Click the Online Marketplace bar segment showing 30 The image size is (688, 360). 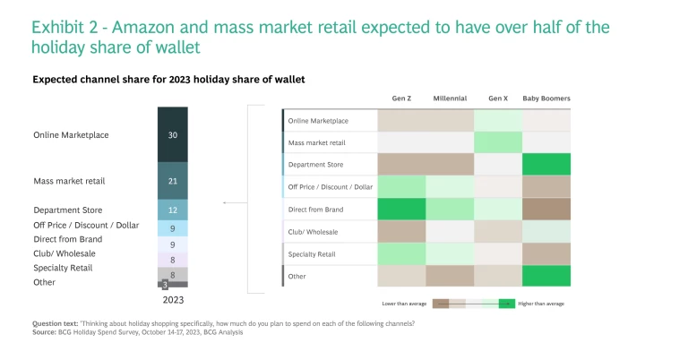click(x=173, y=134)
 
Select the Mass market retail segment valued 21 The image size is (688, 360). click(x=173, y=180)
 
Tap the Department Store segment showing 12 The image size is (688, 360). click(x=173, y=210)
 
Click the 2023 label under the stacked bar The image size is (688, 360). click(x=173, y=299)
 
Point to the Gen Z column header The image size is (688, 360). click(x=401, y=98)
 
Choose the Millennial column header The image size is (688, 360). click(x=450, y=98)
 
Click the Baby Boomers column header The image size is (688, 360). click(x=546, y=98)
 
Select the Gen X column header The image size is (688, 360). click(x=498, y=98)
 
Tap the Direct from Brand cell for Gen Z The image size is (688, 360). click(x=401, y=209)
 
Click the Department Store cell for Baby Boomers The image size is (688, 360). click(x=546, y=164)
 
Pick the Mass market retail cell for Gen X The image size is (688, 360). click(x=498, y=141)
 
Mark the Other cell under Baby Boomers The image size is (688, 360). click(x=546, y=276)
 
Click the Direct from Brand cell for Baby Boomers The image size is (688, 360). click(x=546, y=209)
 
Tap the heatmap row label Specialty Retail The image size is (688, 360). click(x=312, y=254)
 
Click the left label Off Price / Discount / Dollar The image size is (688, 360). click(x=86, y=225)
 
